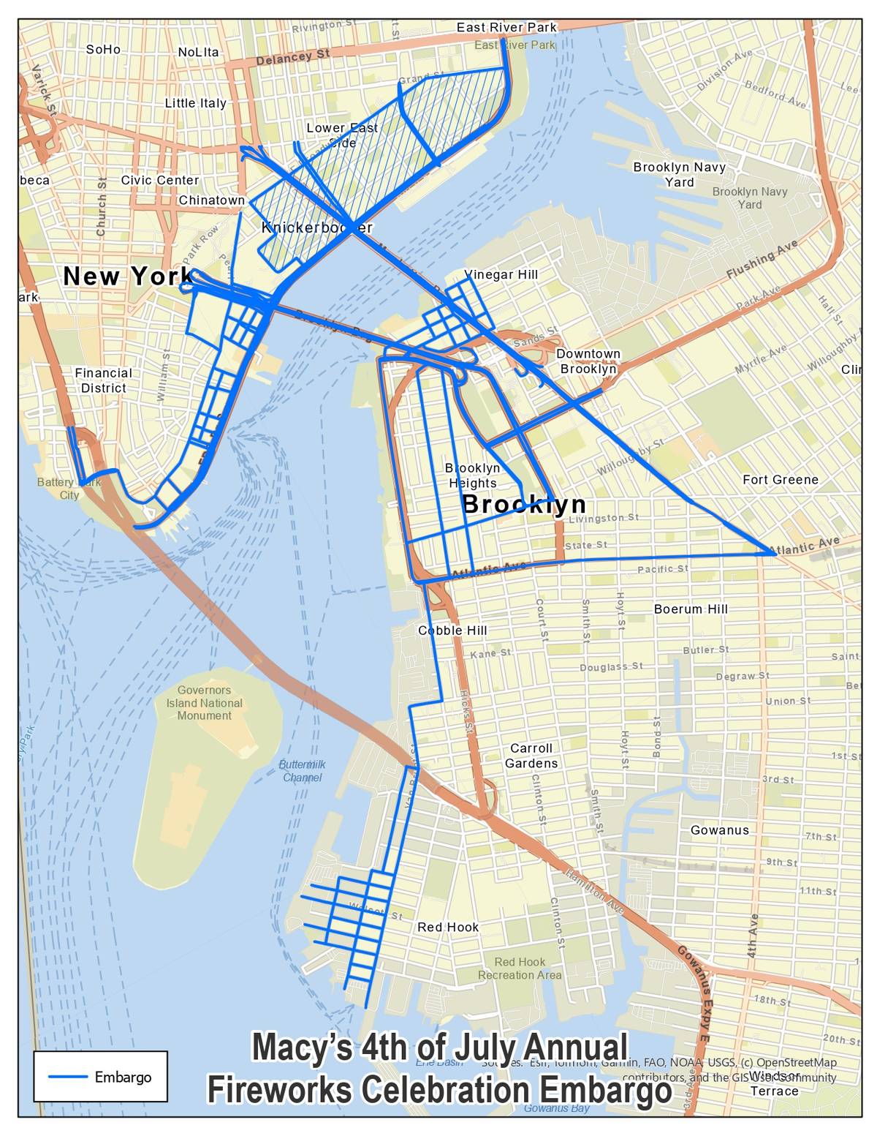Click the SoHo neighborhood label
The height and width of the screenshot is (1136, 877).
103,50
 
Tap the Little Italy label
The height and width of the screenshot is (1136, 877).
195,103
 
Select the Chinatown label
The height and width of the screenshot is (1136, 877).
212,200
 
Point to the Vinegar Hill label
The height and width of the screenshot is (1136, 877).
501,274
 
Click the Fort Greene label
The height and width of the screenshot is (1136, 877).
781,480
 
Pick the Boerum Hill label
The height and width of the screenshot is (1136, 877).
691,609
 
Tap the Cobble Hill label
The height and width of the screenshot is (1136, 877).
452,631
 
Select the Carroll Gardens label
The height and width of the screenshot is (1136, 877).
531,756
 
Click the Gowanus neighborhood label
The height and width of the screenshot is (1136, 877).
720,830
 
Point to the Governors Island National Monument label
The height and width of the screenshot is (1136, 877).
204,703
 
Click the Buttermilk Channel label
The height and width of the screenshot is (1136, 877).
302,771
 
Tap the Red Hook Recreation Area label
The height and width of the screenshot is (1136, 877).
520,968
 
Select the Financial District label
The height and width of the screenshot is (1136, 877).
103,380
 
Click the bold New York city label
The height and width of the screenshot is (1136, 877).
128,277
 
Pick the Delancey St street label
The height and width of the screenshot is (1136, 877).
293,56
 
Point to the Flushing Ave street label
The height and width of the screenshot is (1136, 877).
762,260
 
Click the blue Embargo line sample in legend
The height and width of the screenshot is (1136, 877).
67,1077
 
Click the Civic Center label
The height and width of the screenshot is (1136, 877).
160,180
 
